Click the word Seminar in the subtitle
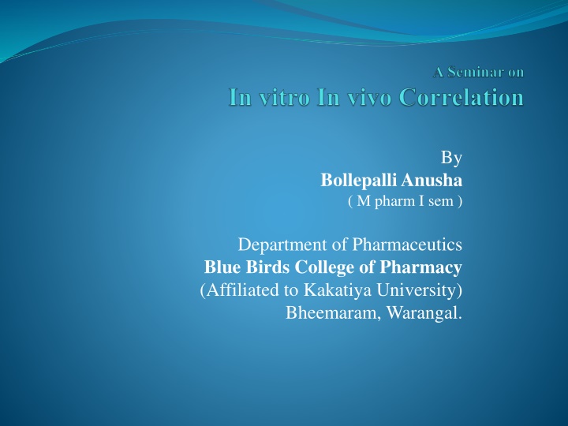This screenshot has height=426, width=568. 470,73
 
